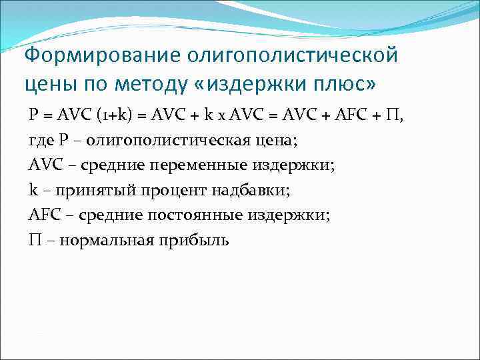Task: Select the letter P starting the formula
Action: pos(33,114)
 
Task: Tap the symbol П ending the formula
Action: pos(395,114)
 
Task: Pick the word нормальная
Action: pos(107,241)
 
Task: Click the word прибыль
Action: pos(193,241)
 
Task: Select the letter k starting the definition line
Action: pos(33,190)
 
